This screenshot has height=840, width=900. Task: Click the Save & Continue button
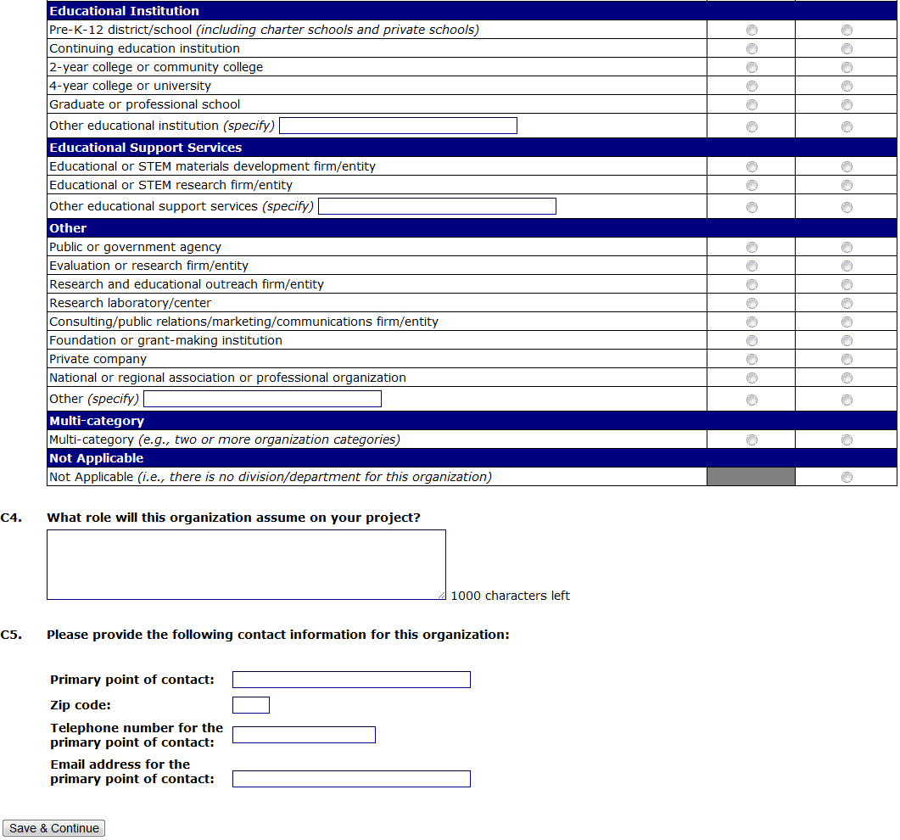54,828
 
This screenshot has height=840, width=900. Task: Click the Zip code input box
250,705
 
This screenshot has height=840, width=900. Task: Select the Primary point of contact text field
351,680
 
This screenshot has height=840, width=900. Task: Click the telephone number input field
304,735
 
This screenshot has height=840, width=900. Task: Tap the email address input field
351,779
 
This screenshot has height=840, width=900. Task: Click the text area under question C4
246,564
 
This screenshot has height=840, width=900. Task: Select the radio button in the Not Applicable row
847,477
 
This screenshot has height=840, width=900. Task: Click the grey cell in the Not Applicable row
751,477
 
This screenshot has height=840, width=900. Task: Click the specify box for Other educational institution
398,126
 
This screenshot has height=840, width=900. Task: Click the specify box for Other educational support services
437,206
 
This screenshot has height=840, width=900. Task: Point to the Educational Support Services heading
145,148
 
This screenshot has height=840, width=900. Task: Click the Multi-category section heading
97,421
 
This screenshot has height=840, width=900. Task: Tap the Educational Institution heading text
124,11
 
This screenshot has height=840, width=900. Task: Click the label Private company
98,359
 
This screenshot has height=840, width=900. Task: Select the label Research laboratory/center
130,303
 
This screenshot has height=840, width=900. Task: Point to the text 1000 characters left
510,596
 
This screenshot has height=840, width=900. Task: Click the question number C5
11,635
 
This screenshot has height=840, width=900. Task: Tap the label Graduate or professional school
144,104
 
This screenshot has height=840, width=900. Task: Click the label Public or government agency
135,247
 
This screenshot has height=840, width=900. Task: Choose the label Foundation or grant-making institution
165,340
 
